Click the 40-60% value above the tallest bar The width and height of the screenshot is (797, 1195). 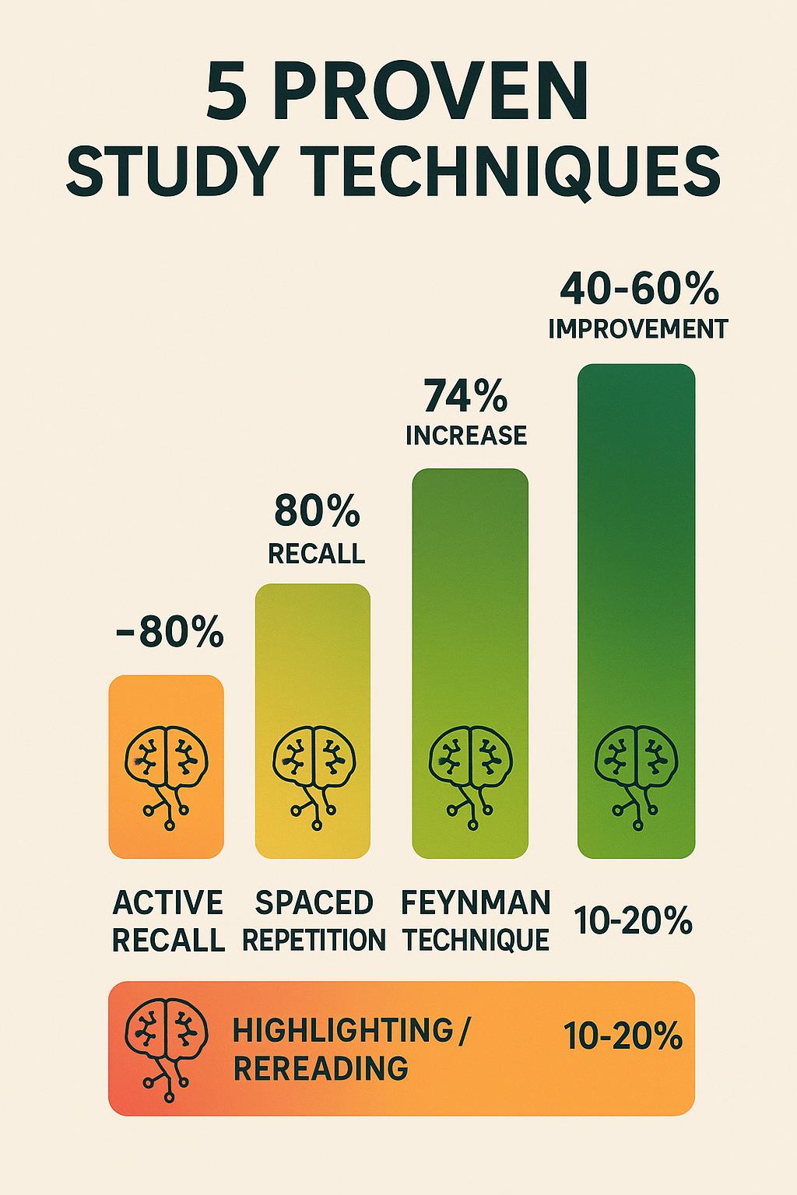[638, 290]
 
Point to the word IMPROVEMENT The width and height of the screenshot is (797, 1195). [637, 328]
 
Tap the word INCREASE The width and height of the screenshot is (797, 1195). [466, 435]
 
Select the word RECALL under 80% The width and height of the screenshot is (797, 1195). [316, 553]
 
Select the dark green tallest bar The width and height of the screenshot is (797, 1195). [636, 545]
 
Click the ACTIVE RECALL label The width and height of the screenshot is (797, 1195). [168, 921]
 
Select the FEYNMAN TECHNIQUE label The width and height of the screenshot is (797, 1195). [476, 921]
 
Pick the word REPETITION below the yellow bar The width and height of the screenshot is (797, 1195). [314, 940]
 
